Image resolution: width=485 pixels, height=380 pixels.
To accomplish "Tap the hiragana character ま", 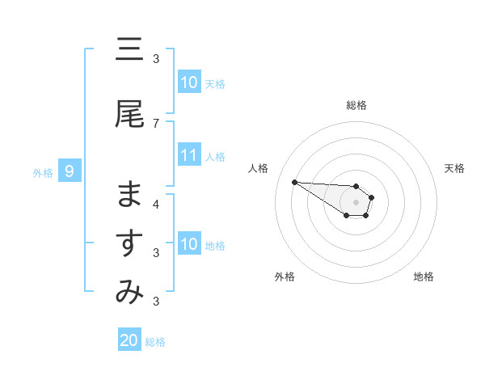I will tap(129, 195).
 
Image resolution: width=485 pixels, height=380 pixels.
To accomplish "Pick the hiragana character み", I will tap(129, 293).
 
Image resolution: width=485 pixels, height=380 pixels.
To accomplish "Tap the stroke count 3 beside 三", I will tap(156, 58).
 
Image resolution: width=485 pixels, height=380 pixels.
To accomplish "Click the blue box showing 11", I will tap(189, 155).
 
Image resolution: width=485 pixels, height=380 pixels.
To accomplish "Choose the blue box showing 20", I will tap(129, 340).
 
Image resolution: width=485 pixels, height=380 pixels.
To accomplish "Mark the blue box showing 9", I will tap(70, 171).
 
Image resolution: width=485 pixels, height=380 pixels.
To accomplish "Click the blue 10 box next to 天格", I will tap(189, 82).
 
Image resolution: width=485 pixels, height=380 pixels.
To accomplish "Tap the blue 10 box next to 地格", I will tap(189, 244).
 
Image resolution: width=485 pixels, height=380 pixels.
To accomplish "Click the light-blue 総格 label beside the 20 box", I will tap(155, 342).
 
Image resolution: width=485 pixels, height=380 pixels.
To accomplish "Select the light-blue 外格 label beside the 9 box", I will tap(42, 172).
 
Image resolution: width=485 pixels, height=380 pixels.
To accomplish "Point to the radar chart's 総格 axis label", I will tap(356, 105).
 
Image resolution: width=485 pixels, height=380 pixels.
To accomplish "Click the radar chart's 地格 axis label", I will tap(424, 277).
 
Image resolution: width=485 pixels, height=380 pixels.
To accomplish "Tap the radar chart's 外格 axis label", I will tap(285, 277).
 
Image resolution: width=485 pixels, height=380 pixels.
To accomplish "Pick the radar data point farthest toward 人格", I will tap(294, 182).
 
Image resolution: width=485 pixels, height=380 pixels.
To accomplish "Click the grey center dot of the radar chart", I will tap(356, 202).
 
